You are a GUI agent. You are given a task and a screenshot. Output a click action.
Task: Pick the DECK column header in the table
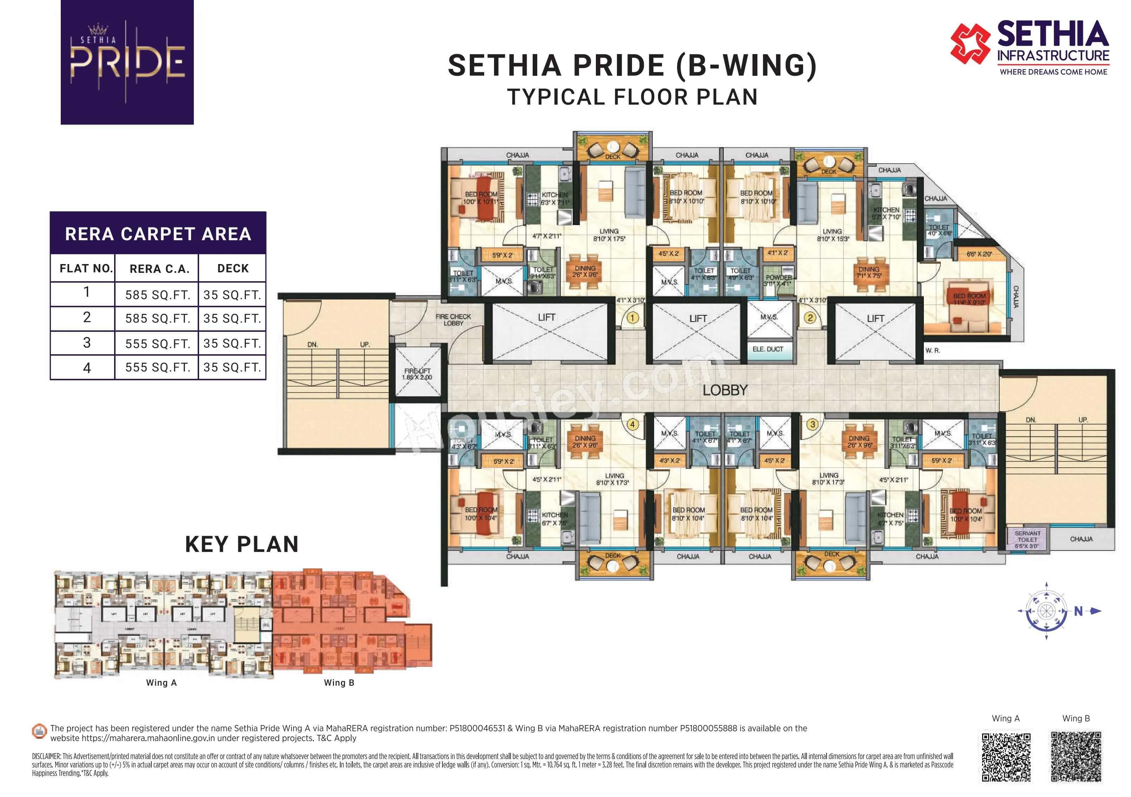[x=232, y=269]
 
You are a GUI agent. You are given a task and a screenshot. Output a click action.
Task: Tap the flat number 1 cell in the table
[x=87, y=292]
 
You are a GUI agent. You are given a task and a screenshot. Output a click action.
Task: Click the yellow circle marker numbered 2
[x=809, y=318]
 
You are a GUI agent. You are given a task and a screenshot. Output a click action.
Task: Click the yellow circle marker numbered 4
[x=632, y=424]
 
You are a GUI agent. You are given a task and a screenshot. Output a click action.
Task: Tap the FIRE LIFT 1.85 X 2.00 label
[x=417, y=374]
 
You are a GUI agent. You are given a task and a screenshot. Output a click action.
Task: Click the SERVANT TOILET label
[x=1027, y=539]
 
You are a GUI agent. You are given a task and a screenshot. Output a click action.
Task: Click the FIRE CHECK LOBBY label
[x=453, y=320]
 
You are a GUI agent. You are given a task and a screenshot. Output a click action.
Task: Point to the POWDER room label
[x=779, y=277]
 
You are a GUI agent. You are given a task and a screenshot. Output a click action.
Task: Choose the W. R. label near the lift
[x=932, y=351]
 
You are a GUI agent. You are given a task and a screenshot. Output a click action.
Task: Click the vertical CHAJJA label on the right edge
[x=1015, y=297]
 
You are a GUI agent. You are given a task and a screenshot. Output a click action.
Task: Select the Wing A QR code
[x=1006, y=757]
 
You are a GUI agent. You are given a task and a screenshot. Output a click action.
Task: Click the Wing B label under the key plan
[x=339, y=683]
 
